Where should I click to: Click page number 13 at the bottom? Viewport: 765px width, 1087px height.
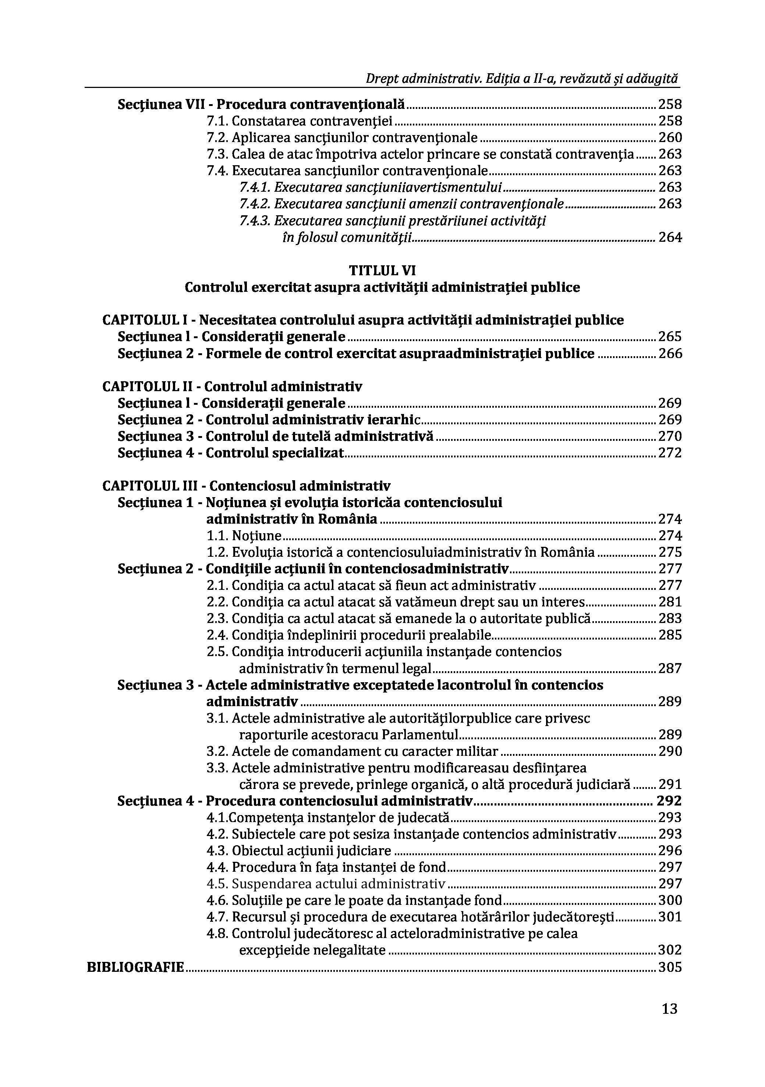coord(669,1009)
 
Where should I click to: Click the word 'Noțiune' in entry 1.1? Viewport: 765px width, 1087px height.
coord(256,536)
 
